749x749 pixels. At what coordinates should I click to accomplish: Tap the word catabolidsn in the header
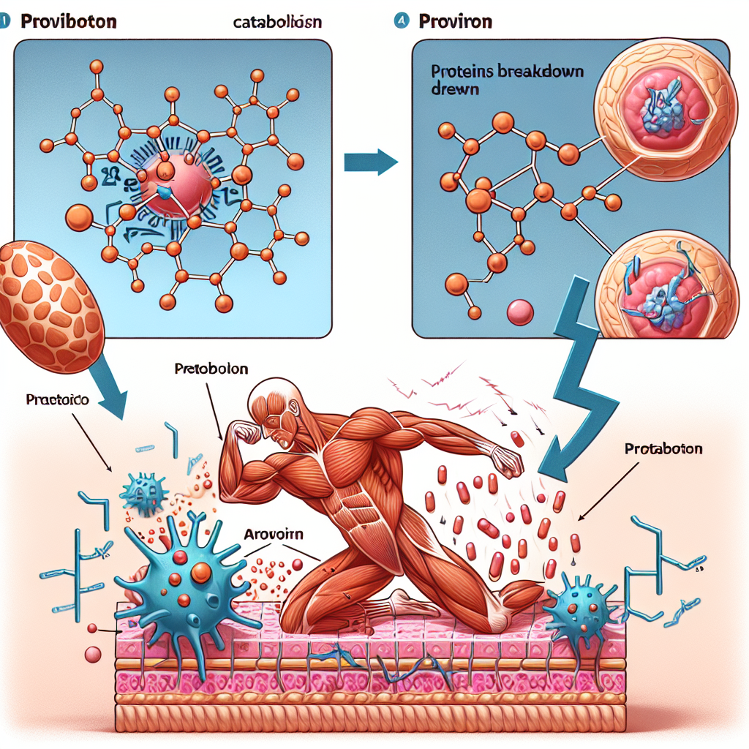pyautogui.click(x=278, y=23)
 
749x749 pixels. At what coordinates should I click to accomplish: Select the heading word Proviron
pyautogui.click(x=455, y=21)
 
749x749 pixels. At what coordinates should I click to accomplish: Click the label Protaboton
pyautogui.click(x=663, y=448)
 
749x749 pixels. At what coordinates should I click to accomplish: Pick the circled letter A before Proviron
pyautogui.click(x=401, y=21)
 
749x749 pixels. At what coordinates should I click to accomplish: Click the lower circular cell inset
pyautogui.click(x=666, y=289)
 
